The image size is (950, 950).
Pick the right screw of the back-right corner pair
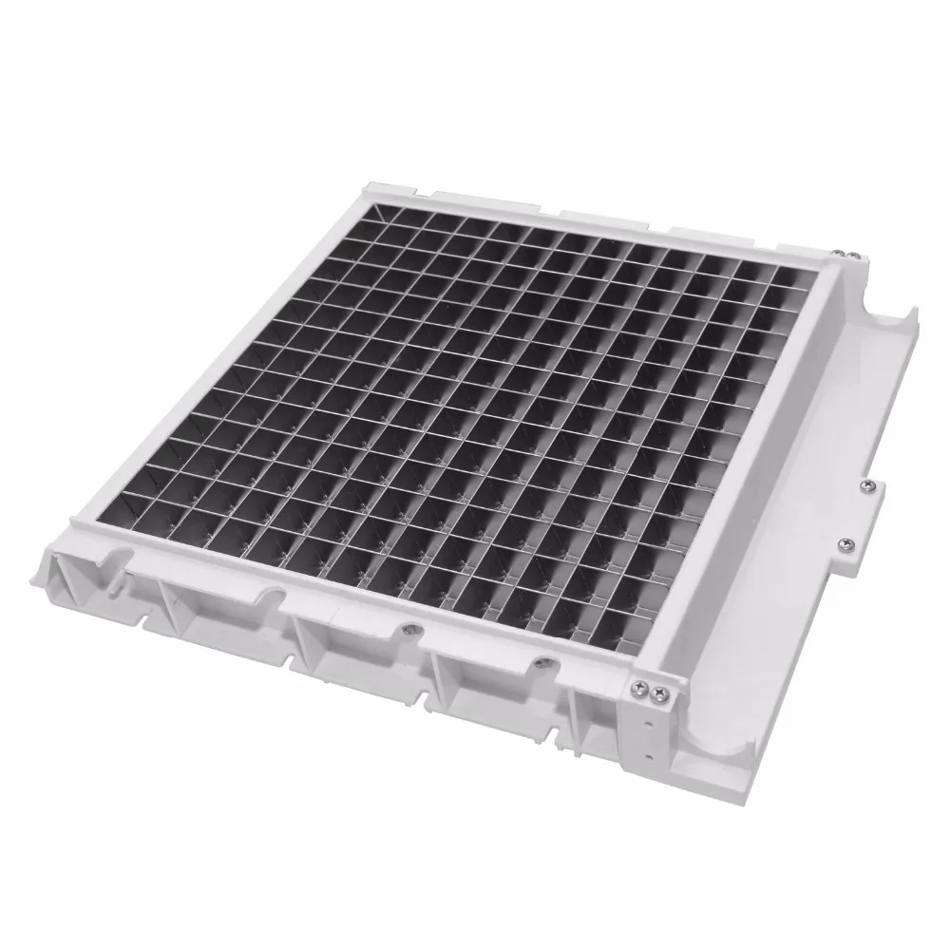[x=855, y=256]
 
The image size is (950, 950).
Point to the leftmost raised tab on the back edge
[x=446, y=198]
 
